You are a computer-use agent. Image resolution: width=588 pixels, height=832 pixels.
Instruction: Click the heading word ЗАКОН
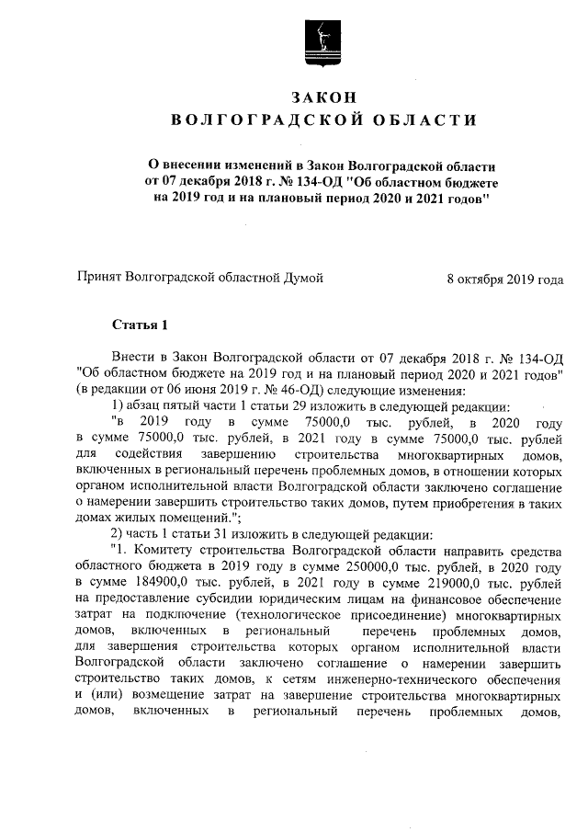tap(322, 97)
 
